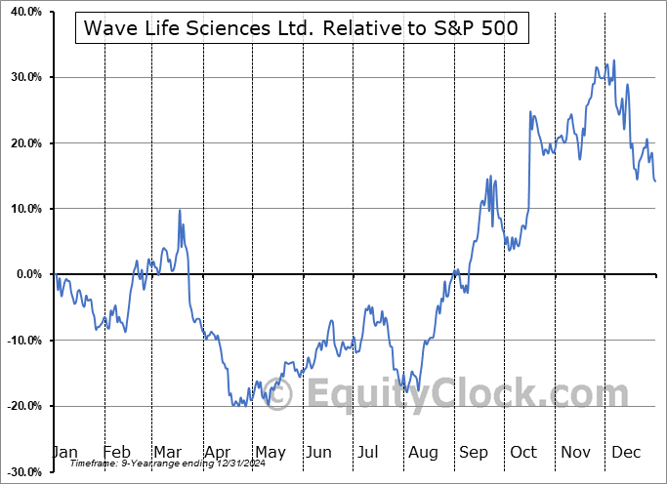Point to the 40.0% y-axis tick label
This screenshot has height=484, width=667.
(x=22, y=12)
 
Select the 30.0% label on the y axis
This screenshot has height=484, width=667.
(x=22, y=77)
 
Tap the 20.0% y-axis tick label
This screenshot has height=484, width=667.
(x=22, y=143)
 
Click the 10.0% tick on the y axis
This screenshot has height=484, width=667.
(x=22, y=209)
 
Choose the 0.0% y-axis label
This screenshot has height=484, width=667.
(x=25, y=274)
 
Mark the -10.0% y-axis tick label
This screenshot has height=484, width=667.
(x=21, y=341)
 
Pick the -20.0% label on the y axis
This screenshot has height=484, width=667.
(x=21, y=406)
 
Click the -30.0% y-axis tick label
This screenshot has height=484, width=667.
(x=21, y=471)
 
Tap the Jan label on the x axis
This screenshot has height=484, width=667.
(x=63, y=453)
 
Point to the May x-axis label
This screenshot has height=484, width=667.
(x=271, y=453)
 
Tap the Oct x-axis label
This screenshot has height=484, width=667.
(x=523, y=453)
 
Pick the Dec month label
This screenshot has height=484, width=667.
(x=627, y=453)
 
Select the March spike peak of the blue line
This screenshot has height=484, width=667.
(x=180, y=210)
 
